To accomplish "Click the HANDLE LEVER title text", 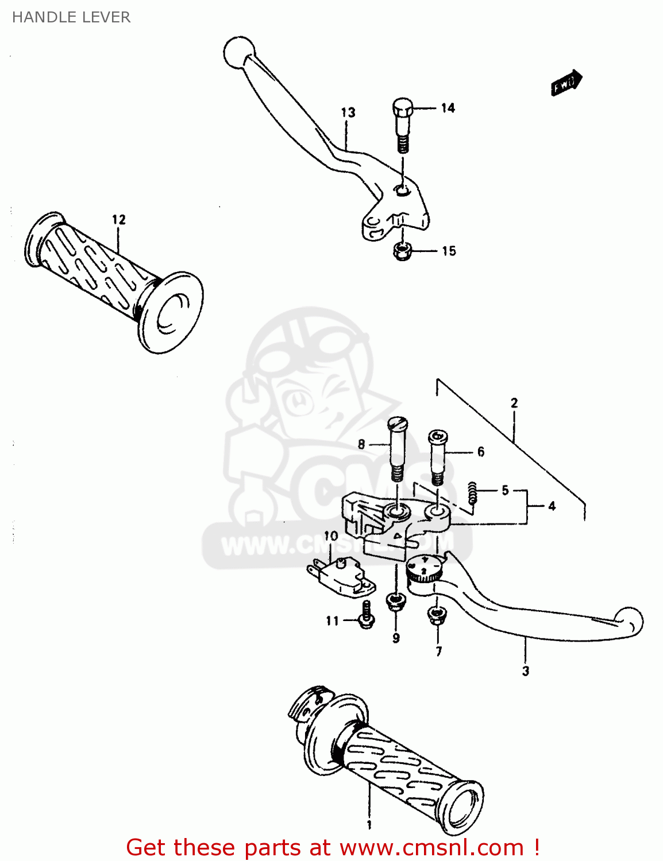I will [x=71, y=17].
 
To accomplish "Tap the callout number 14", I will [x=448, y=108].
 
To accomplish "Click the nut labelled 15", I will [x=402, y=251].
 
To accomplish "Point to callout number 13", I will [x=348, y=113].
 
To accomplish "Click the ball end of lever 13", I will [x=238, y=53].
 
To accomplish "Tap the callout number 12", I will [x=118, y=219].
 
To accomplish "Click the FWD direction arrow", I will [x=566, y=83].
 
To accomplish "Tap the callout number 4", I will [x=552, y=506].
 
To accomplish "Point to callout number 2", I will [x=514, y=403].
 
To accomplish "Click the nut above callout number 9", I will [x=395, y=602].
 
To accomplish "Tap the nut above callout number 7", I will [x=437, y=615].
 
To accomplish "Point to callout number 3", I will [x=525, y=670].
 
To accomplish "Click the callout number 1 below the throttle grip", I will [x=369, y=825].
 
